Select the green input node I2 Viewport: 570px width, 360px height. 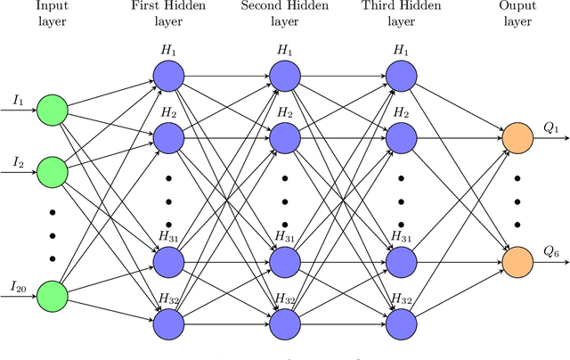click(x=52, y=171)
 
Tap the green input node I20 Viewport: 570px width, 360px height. click(x=52, y=293)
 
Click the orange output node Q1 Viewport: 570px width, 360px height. click(x=517, y=138)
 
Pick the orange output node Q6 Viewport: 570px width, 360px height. click(x=517, y=260)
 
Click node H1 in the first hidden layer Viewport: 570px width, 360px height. click(x=167, y=77)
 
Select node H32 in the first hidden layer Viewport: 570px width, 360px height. click(x=167, y=321)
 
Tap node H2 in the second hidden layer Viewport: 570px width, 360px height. click(x=284, y=138)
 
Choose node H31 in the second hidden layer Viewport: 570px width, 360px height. click(x=284, y=260)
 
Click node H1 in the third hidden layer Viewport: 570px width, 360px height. click(x=401, y=77)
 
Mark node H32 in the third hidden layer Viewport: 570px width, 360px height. click(x=401, y=321)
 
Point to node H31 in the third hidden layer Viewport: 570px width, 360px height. click(x=401, y=260)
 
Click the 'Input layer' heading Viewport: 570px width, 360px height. click(x=52, y=14)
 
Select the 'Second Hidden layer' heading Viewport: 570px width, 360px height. click(x=284, y=14)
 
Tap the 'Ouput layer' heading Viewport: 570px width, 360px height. click(x=517, y=14)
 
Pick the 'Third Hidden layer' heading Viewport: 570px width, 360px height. click(x=401, y=14)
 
